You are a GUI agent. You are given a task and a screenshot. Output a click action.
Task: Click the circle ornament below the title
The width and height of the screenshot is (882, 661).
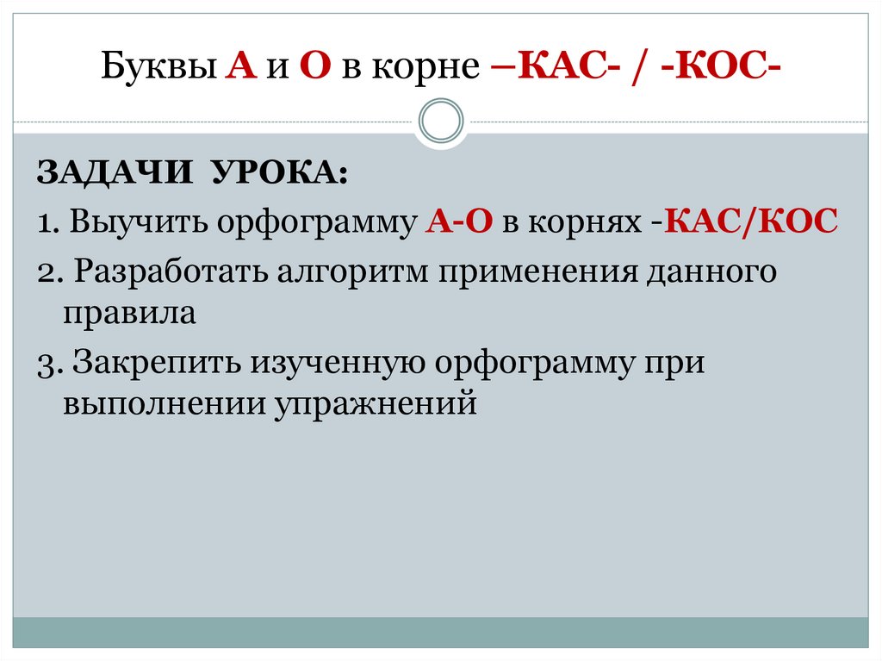click(441, 120)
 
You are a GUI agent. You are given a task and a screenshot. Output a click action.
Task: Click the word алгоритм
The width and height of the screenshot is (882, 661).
click(353, 272)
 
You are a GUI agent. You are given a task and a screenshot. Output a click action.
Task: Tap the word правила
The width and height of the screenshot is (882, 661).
click(129, 313)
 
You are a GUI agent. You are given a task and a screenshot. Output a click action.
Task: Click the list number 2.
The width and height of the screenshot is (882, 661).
click(47, 273)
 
